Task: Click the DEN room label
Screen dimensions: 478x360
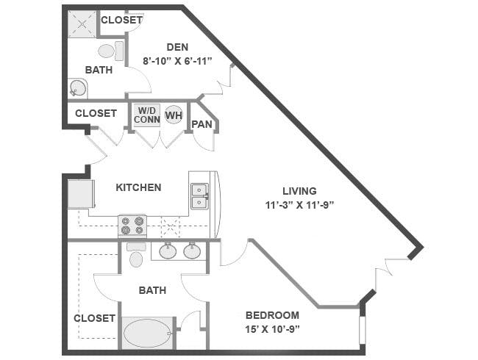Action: click(x=177, y=47)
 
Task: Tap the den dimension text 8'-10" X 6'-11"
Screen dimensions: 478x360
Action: click(x=177, y=61)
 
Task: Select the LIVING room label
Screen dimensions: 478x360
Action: click(x=299, y=191)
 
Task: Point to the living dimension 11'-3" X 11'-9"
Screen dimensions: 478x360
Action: click(x=299, y=205)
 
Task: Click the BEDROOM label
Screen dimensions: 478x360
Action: click(x=272, y=315)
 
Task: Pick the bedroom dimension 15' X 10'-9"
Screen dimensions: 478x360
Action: click(x=272, y=329)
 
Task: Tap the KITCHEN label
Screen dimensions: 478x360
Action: click(x=138, y=187)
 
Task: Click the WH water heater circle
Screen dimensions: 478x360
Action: click(x=174, y=115)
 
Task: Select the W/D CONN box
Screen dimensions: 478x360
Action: click(x=147, y=115)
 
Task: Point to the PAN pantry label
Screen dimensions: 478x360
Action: click(x=201, y=124)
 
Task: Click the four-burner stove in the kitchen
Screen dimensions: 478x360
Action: click(x=132, y=226)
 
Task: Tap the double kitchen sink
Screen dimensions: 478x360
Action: click(x=200, y=196)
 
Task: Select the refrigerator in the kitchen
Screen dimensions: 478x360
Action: click(x=81, y=194)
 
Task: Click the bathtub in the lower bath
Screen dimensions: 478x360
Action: click(x=147, y=333)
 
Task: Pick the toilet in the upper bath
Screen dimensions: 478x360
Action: click(x=110, y=51)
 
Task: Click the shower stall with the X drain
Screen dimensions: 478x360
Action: click(x=82, y=24)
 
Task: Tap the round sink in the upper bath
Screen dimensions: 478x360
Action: click(x=77, y=88)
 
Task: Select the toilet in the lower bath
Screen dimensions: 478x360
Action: click(x=136, y=255)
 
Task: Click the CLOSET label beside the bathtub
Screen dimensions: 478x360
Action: click(x=95, y=318)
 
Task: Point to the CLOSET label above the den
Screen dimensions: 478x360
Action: click(x=121, y=20)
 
